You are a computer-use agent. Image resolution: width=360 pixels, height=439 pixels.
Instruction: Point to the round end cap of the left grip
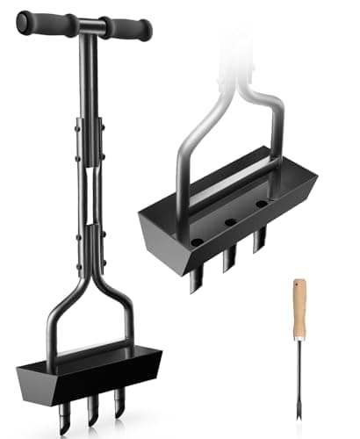[22, 21]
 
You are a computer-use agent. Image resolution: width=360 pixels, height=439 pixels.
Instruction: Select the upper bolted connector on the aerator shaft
[87, 140]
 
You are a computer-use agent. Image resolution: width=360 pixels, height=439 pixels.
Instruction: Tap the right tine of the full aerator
[119, 399]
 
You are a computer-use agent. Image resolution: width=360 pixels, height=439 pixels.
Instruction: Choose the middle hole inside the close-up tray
[228, 221]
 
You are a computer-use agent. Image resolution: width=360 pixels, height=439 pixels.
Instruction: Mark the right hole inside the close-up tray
[262, 204]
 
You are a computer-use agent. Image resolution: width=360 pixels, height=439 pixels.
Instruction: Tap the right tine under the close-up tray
[259, 239]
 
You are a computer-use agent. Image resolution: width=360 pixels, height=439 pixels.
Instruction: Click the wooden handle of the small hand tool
[299, 307]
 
